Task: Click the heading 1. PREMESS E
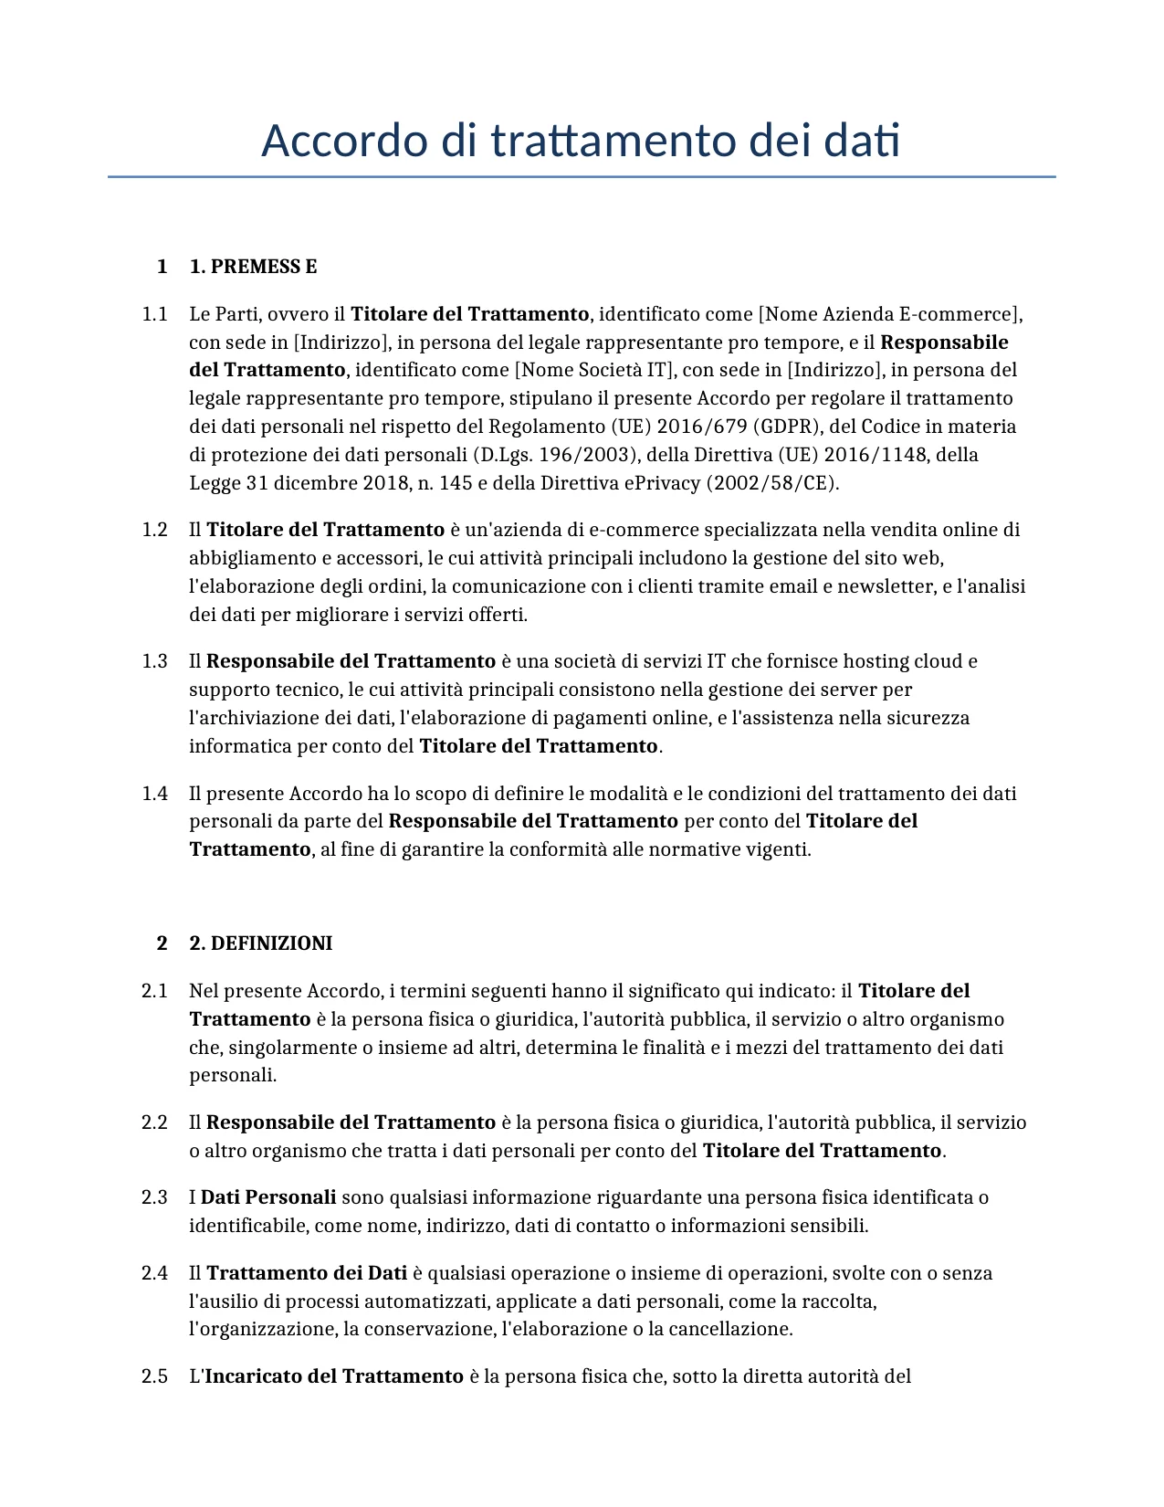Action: click(x=253, y=267)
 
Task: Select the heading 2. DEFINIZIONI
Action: click(x=260, y=943)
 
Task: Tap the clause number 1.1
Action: click(x=154, y=314)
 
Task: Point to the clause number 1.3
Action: click(x=154, y=661)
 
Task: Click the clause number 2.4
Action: click(x=154, y=1273)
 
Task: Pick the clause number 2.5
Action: click(x=154, y=1376)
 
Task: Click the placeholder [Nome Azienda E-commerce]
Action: click(x=890, y=314)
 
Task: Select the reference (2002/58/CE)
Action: click(x=772, y=483)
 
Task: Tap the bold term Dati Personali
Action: click(x=268, y=1197)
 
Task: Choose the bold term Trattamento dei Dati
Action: click(x=307, y=1273)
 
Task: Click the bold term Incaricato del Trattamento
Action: click(x=334, y=1376)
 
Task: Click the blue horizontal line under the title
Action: click(x=582, y=176)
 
